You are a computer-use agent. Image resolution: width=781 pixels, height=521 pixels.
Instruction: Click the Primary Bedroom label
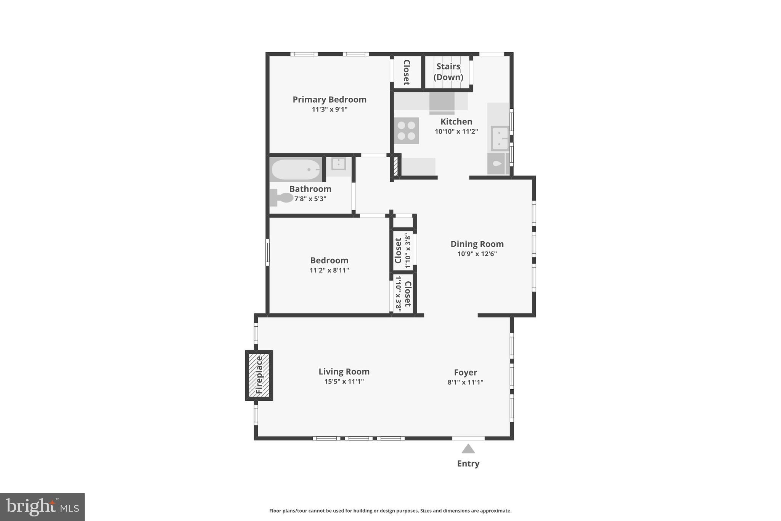329,100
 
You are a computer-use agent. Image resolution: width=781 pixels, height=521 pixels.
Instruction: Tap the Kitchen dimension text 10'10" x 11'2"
456,132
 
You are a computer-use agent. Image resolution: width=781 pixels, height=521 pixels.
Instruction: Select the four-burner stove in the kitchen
406,131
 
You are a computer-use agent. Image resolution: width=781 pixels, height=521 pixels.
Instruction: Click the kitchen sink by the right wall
500,138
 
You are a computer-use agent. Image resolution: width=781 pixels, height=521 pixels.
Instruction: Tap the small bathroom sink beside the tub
338,164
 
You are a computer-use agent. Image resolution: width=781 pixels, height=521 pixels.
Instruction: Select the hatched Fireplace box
259,375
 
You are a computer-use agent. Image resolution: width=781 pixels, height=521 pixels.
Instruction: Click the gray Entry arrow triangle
468,449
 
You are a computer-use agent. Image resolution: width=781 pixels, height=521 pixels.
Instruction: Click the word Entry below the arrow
468,464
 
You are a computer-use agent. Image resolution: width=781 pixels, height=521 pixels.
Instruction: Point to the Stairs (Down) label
448,72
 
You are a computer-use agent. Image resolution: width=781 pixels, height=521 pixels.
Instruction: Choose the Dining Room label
477,244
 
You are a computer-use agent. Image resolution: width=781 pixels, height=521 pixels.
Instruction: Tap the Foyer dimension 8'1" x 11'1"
465,382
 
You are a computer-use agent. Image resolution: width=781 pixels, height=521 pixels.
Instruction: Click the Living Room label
344,372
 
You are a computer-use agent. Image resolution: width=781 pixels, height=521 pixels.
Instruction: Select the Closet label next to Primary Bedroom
407,73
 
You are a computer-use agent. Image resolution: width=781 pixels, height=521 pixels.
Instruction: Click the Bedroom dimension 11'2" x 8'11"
329,271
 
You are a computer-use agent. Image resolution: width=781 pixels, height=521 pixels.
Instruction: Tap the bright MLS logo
42,507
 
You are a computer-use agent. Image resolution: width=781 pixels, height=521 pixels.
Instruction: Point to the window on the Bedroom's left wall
267,252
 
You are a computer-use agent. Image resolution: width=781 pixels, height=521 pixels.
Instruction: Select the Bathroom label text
310,189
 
